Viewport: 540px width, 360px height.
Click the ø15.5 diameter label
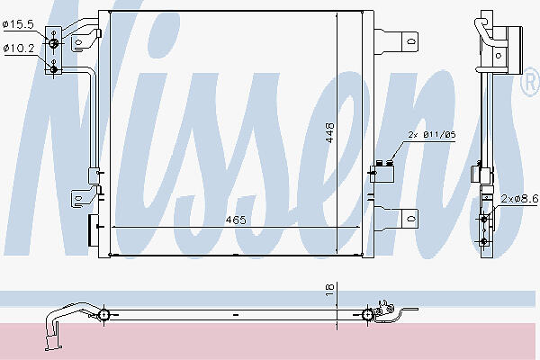click(x=18, y=24)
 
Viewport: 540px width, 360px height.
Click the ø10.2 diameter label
click(x=19, y=49)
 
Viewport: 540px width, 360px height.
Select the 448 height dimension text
click(x=329, y=132)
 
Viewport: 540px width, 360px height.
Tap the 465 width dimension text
click(x=236, y=220)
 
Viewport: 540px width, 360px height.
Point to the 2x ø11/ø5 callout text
click(x=432, y=134)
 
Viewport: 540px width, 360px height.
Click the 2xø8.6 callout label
click(x=519, y=199)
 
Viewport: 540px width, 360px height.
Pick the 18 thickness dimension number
click(x=329, y=290)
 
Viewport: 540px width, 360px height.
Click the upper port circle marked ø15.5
click(x=53, y=43)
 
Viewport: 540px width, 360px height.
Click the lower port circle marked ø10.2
click(x=53, y=69)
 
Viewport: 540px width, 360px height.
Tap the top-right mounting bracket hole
click(x=411, y=41)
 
